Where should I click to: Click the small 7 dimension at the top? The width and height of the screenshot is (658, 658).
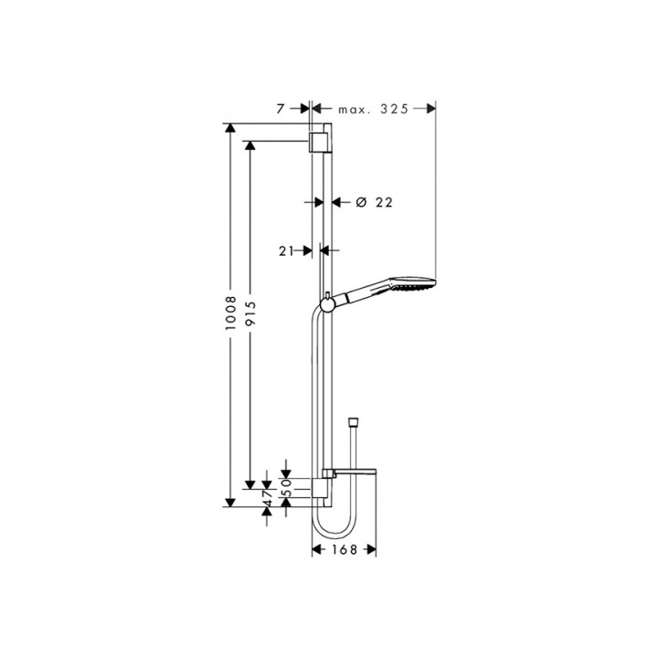[282, 109]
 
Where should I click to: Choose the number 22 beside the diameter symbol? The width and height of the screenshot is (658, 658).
[383, 202]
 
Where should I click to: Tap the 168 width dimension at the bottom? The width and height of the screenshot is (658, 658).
[344, 550]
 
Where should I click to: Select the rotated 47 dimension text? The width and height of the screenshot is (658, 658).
[268, 498]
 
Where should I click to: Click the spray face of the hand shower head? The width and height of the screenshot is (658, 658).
[431, 284]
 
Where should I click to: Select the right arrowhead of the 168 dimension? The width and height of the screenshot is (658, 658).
[371, 550]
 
